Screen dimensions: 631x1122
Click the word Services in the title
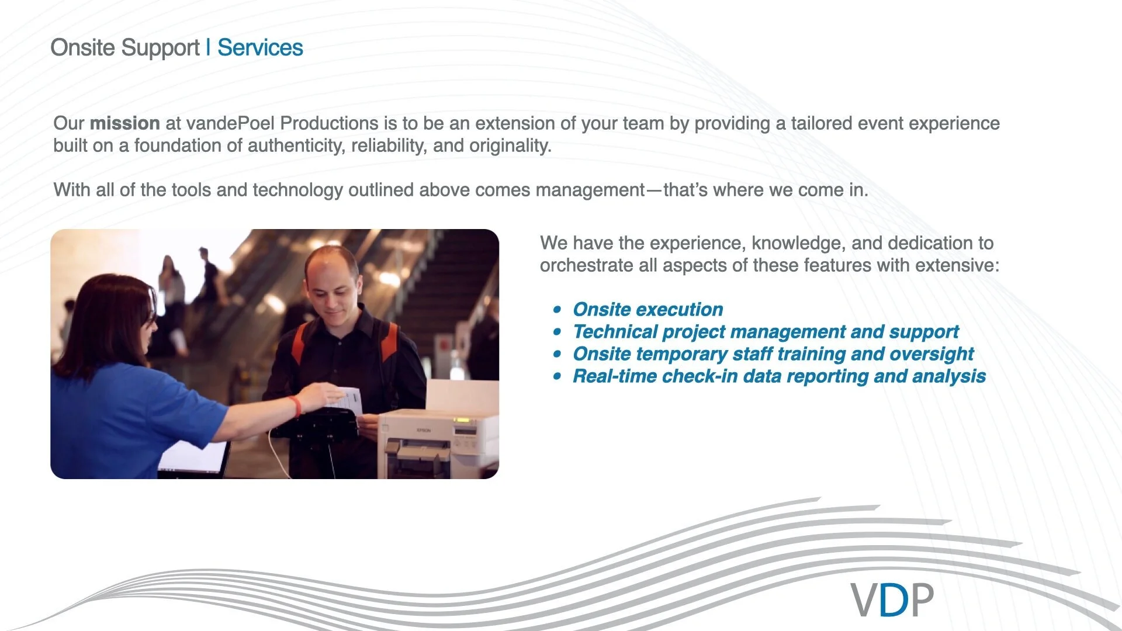coord(260,48)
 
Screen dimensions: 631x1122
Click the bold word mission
coord(124,123)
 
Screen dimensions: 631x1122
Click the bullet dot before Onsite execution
coord(557,310)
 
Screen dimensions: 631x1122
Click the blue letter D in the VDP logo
coord(894,600)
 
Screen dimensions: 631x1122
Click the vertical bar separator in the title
coord(208,48)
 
